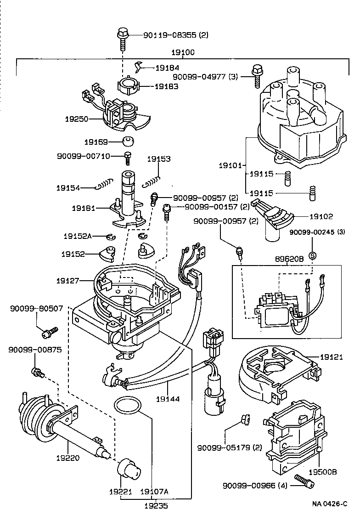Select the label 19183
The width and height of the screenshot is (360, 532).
click(166, 86)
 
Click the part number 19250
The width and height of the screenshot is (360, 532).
click(76, 118)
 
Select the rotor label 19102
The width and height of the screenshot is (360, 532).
click(321, 216)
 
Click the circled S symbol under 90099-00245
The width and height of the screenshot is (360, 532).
click(313, 255)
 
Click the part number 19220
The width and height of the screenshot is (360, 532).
click(67, 458)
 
